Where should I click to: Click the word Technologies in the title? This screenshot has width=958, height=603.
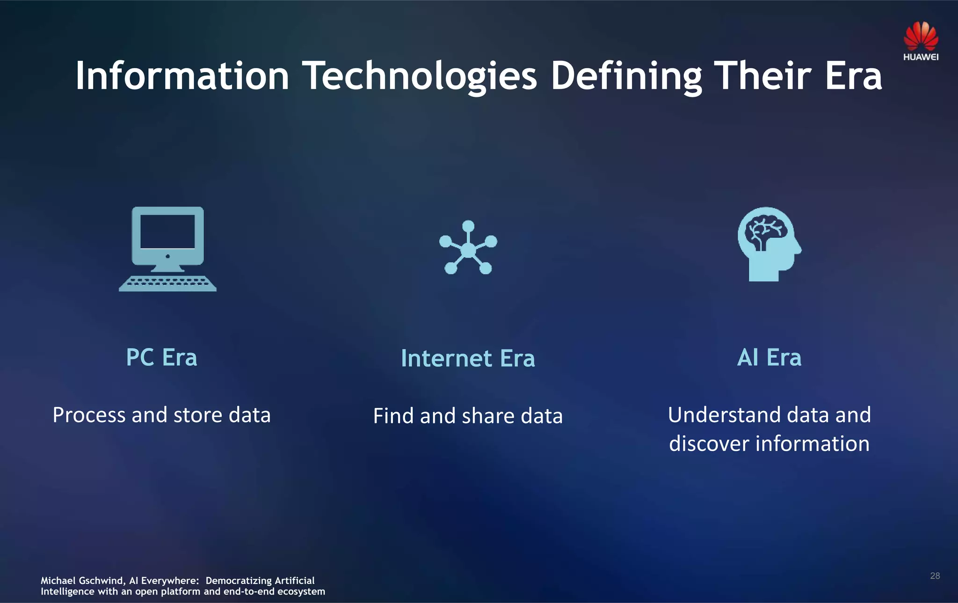click(x=419, y=76)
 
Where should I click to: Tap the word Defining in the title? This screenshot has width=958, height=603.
click(x=626, y=76)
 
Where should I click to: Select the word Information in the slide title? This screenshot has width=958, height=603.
click(x=182, y=76)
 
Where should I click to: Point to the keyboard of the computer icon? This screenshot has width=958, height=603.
click(x=167, y=283)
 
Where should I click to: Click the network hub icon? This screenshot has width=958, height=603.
click(x=468, y=248)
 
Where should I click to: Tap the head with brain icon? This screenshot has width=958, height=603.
click(x=769, y=244)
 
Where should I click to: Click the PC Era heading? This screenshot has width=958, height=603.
click(x=161, y=357)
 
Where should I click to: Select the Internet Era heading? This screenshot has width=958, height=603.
click(x=468, y=358)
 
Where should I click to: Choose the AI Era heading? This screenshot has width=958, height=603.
click(x=769, y=357)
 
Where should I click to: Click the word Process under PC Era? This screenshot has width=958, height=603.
click(x=89, y=415)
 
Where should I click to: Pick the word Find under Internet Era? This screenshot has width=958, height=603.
click(x=393, y=416)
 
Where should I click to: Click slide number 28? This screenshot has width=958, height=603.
click(x=935, y=576)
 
